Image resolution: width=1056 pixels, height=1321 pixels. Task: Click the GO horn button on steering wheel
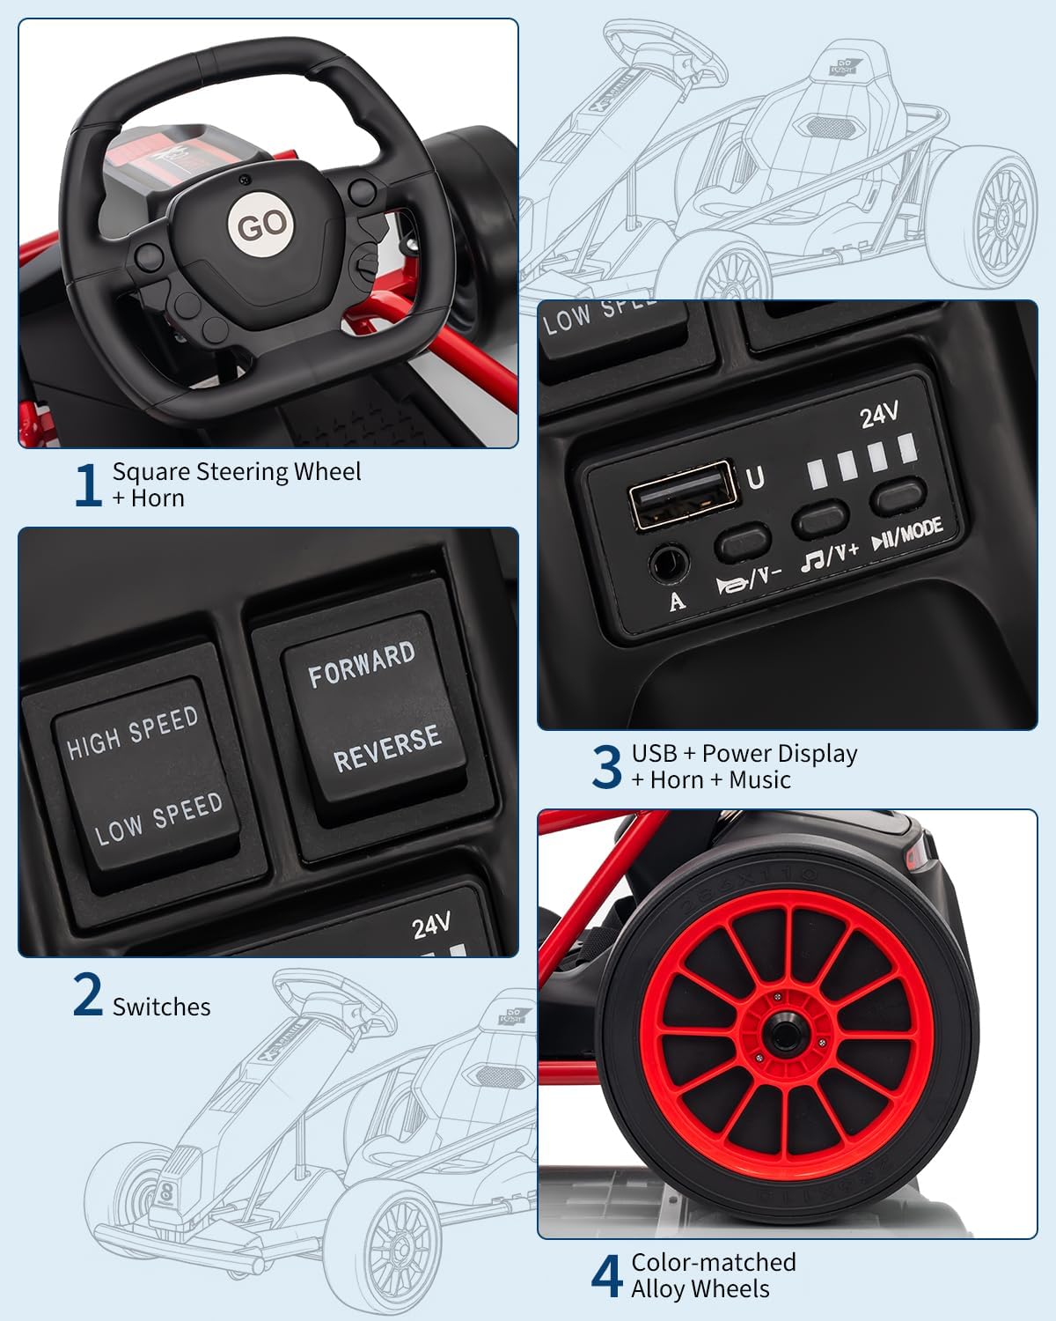click(x=261, y=225)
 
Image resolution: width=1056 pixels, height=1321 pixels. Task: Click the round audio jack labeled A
click(x=668, y=563)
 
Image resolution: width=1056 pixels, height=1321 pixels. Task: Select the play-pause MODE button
click(x=898, y=496)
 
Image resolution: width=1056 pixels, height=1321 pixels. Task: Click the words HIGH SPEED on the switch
click(x=133, y=732)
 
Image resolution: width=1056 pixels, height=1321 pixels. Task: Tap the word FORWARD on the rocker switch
click(x=361, y=665)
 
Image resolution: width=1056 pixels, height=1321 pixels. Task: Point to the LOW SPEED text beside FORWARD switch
click(x=158, y=818)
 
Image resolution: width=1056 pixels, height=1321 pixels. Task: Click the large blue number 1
click(x=87, y=485)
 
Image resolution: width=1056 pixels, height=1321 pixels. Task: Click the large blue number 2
click(x=87, y=995)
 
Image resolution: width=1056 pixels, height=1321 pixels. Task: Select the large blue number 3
click(x=606, y=766)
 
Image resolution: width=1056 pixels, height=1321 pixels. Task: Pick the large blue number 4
click(x=606, y=1276)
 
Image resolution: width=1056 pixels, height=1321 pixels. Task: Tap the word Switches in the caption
click(x=161, y=1007)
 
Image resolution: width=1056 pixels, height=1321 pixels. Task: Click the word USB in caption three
click(x=654, y=753)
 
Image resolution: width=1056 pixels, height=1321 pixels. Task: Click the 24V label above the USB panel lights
click(x=878, y=415)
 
